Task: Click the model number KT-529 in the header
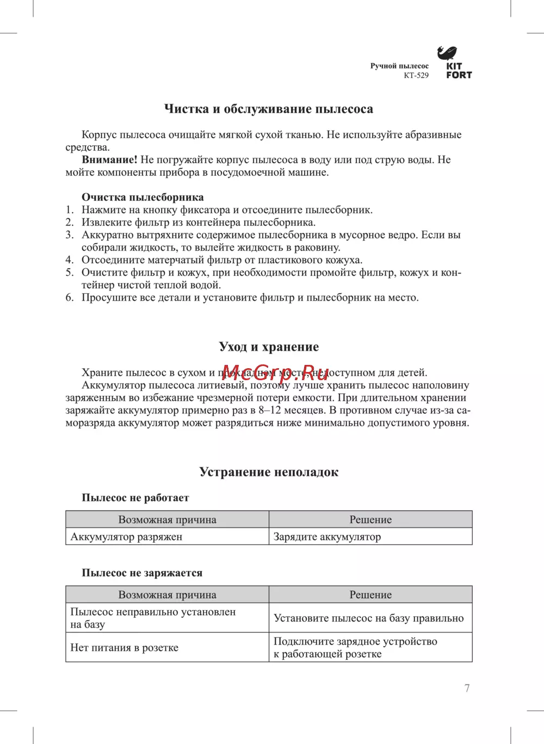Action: (x=416, y=76)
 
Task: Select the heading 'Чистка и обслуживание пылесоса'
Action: (x=269, y=109)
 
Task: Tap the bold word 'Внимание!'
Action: (x=109, y=160)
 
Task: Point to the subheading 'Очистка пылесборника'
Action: (x=143, y=197)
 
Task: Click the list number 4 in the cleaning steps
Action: (x=70, y=260)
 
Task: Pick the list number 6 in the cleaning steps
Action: (x=70, y=297)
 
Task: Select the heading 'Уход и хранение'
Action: (x=269, y=347)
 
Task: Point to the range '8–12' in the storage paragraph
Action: (x=270, y=411)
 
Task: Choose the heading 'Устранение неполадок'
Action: (x=269, y=472)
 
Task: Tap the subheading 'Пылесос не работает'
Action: (x=135, y=498)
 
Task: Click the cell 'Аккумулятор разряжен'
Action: (x=126, y=537)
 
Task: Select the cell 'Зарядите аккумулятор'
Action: (x=327, y=537)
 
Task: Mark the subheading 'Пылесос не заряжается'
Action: (x=142, y=573)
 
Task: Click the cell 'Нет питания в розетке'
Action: (x=124, y=648)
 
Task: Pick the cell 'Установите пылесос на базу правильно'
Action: (x=368, y=618)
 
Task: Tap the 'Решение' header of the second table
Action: (x=370, y=595)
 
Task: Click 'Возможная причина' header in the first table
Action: (x=168, y=520)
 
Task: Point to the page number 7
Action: (x=467, y=688)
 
